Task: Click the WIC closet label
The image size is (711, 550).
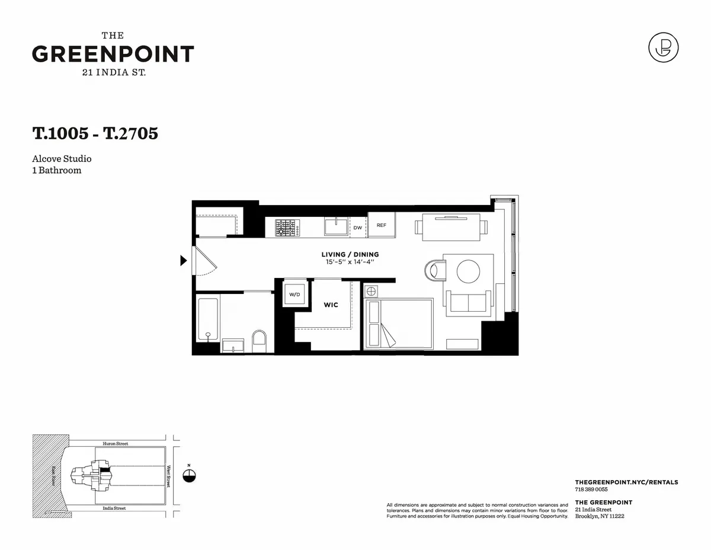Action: (x=331, y=305)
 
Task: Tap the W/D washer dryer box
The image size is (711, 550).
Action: (x=294, y=294)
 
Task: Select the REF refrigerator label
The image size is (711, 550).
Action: (x=382, y=225)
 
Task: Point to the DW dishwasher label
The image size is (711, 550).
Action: (x=357, y=227)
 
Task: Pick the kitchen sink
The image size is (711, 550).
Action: (x=336, y=226)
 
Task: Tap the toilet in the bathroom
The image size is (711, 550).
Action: (x=260, y=341)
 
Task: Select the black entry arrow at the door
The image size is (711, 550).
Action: (x=184, y=260)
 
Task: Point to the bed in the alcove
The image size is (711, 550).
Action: (x=398, y=324)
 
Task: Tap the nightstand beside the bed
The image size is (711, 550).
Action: (x=370, y=291)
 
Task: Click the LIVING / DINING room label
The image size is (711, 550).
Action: (x=350, y=254)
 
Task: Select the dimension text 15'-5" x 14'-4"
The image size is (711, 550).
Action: (x=350, y=261)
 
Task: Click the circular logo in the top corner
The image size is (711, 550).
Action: (x=663, y=47)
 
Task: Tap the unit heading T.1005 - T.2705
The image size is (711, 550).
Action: (x=95, y=133)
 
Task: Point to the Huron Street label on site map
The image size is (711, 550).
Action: (x=115, y=443)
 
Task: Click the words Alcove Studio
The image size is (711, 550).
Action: (x=62, y=159)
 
